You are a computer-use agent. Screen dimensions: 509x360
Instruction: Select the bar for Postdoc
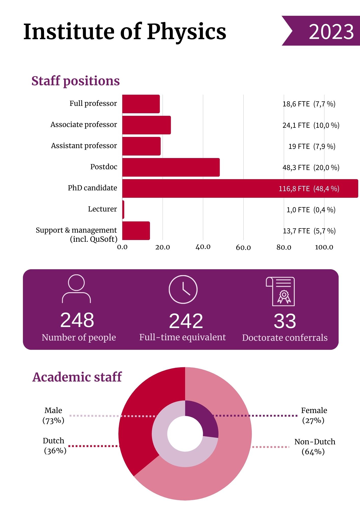click(171, 167)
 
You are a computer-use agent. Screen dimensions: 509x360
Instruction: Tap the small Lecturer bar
click(123, 209)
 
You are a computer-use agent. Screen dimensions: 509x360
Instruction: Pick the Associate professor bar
click(146, 125)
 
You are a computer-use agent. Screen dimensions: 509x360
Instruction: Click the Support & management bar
click(136, 231)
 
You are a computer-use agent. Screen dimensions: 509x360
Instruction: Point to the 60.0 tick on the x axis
click(243, 247)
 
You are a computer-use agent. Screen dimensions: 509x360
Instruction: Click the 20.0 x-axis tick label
click(162, 247)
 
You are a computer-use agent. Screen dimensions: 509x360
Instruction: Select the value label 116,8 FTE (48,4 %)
click(309, 189)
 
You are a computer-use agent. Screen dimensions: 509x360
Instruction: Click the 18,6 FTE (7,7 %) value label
click(309, 104)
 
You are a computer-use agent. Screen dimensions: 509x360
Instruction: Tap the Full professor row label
click(93, 103)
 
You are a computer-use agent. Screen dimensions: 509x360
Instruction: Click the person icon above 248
click(76, 289)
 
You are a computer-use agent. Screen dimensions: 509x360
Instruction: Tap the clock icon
click(183, 289)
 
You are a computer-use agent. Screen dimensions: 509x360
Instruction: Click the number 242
click(186, 321)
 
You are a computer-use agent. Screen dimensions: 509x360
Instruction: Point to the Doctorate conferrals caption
click(285, 338)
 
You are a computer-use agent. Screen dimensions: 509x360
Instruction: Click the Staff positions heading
click(75, 81)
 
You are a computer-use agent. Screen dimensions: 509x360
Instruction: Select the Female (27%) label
click(314, 415)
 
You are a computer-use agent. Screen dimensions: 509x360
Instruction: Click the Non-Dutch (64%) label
click(314, 447)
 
